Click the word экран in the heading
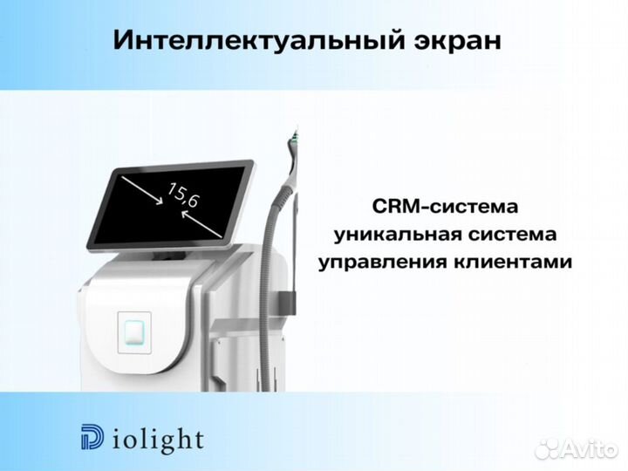(x=456, y=41)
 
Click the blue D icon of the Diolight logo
(x=90, y=438)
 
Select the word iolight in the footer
(x=154, y=438)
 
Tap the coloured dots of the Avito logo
(x=548, y=447)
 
